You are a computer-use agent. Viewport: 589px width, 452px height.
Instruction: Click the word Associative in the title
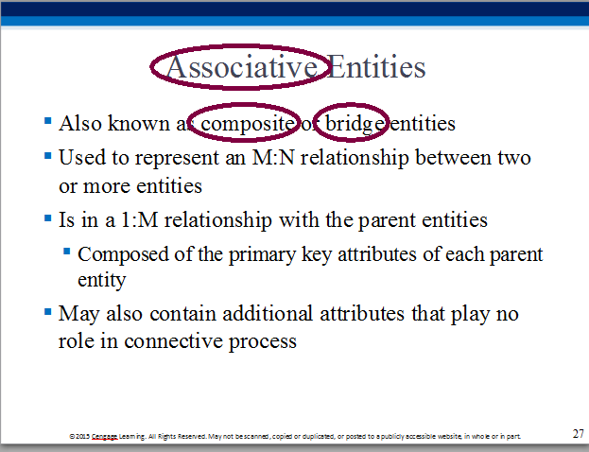point(242,67)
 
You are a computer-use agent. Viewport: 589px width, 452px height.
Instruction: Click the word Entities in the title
point(376,67)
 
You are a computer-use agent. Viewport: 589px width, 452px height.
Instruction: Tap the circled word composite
point(248,124)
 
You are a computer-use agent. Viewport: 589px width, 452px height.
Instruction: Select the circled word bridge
point(355,124)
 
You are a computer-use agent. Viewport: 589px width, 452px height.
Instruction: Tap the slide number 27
point(579,434)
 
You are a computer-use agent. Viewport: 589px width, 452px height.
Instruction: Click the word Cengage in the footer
point(105,436)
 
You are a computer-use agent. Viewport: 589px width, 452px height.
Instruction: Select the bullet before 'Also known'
point(47,121)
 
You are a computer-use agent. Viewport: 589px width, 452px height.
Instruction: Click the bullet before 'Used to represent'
point(47,155)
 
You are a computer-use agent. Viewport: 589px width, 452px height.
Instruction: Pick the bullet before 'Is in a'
point(47,217)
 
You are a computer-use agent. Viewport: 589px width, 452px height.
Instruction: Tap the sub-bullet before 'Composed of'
point(67,251)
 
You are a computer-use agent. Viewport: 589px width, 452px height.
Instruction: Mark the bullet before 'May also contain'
point(47,311)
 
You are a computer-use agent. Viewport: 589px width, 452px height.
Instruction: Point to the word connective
point(174,341)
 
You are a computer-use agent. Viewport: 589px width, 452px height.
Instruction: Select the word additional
point(268,313)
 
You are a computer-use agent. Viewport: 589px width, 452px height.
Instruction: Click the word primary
point(262,255)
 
